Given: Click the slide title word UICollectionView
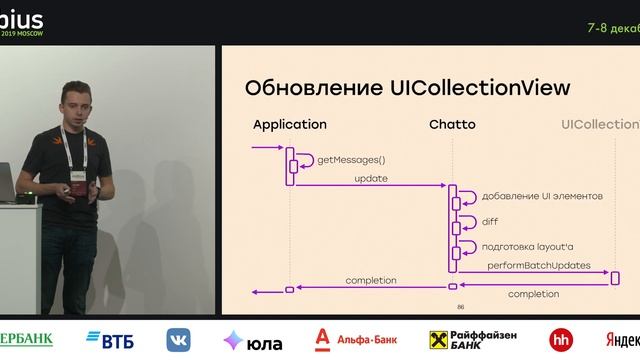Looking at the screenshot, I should (478, 88).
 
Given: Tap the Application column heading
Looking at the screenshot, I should (290, 125).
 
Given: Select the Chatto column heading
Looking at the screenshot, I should (452, 125).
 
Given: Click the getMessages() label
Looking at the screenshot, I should (351, 160).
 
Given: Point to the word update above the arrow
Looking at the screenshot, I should (371, 179).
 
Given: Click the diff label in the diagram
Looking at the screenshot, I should (490, 222).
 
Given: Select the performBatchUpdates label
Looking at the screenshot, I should (539, 266).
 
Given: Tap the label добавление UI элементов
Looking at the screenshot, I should (542, 196).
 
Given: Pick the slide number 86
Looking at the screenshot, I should (461, 307).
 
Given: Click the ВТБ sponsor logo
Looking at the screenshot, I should (110, 339).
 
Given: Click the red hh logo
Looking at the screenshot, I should (561, 339).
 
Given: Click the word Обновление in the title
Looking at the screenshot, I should (311, 88).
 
